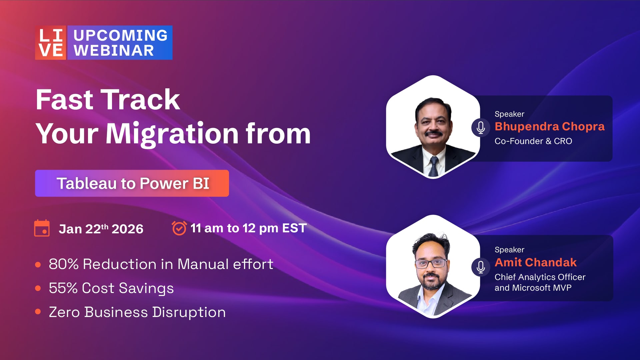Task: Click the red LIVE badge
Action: point(51,43)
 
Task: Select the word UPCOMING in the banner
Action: point(120,35)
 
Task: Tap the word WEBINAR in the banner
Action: point(114,51)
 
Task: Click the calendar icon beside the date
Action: point(42,228)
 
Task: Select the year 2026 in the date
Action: point(127,229)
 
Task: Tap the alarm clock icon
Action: point(179,228)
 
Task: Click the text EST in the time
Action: point(294,228)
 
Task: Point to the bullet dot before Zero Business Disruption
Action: point(38,312)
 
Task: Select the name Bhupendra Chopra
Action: point(549,126)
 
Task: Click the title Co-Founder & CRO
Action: point(533,141)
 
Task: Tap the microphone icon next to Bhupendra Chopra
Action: point(481,128)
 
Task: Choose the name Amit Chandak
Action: point(536,262)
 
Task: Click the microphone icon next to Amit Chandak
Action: point(481,267)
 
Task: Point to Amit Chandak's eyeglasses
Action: point(431,263)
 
